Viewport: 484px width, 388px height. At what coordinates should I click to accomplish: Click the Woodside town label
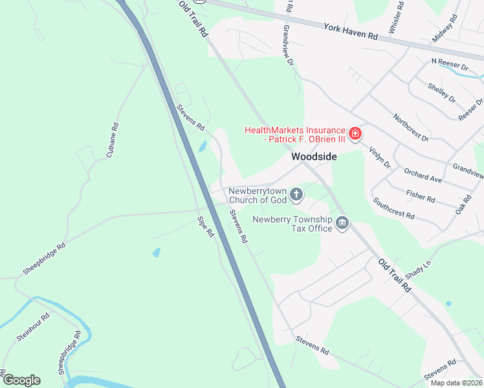tap(314, 156)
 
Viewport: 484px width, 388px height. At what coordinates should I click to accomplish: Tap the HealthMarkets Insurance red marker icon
tap(355, 135)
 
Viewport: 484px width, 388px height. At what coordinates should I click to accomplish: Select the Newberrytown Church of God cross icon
tap(296, 194)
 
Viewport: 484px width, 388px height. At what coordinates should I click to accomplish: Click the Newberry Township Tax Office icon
tap(342, 224)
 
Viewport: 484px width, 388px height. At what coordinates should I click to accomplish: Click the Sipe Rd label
tap(206, 226)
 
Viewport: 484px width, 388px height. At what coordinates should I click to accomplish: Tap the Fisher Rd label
tap(421, 195)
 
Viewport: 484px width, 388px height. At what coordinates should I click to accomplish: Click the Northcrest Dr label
tap(411, 127)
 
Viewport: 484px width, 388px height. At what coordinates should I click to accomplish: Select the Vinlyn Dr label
tap(380, 157)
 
